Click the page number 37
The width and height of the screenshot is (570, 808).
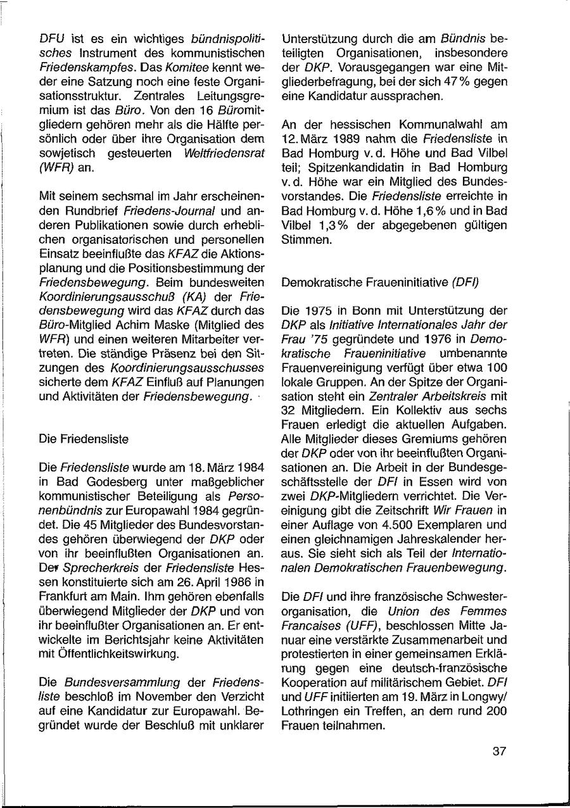(499, 752)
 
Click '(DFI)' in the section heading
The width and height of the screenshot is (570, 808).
(465, 282)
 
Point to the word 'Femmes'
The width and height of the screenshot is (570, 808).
(484, 611)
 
